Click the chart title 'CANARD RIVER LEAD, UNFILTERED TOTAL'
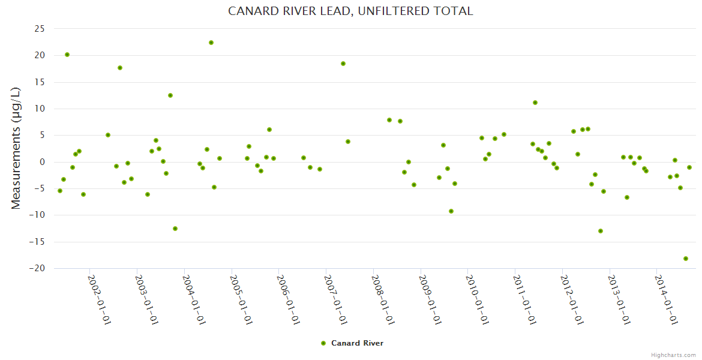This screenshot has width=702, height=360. pyautogui.click(x=350, y=11)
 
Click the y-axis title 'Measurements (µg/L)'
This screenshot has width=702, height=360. pyautogui.click(x=16, y=148)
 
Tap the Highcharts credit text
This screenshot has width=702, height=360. pyautogui.click(x=673, y=355)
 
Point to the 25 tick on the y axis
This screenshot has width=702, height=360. pyautogui.click(x=39, y=29)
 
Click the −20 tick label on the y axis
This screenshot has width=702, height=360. pyautogui.click(x=37, y=269)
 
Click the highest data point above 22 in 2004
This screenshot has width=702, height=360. pyautogui.click(x=211, y=43)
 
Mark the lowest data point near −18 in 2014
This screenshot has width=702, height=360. pyautogui.click(x=685, y=259)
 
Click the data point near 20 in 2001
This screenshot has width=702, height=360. pyautogui.click(x=67, y=55)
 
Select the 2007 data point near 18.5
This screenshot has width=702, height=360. pyautogui.click(x=343, y=64)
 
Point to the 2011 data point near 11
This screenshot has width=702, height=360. pyautogui.click(x=535, y=103)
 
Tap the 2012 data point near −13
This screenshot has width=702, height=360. pyautogui.click(x=601, y=231)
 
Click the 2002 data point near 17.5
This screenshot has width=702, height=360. pyautogui.click(x=120, y=68)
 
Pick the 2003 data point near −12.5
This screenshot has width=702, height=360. pyautogui.click(x=175, y=229)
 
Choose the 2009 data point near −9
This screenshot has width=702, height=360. pyautogui.click(x=451, y=211)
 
